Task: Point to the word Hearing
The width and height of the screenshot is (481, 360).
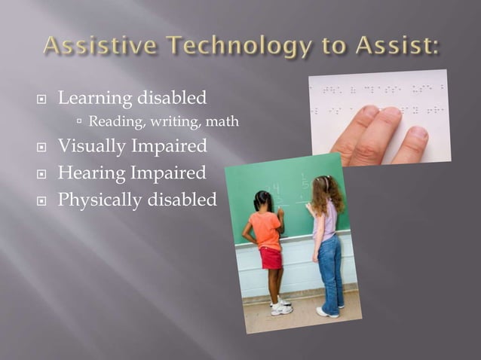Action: pos(91,172)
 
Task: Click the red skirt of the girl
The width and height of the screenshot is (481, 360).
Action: pos(270,258)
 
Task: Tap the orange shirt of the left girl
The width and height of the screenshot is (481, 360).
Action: pos(267,230)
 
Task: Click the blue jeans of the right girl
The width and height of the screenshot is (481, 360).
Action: pos(329,267)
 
